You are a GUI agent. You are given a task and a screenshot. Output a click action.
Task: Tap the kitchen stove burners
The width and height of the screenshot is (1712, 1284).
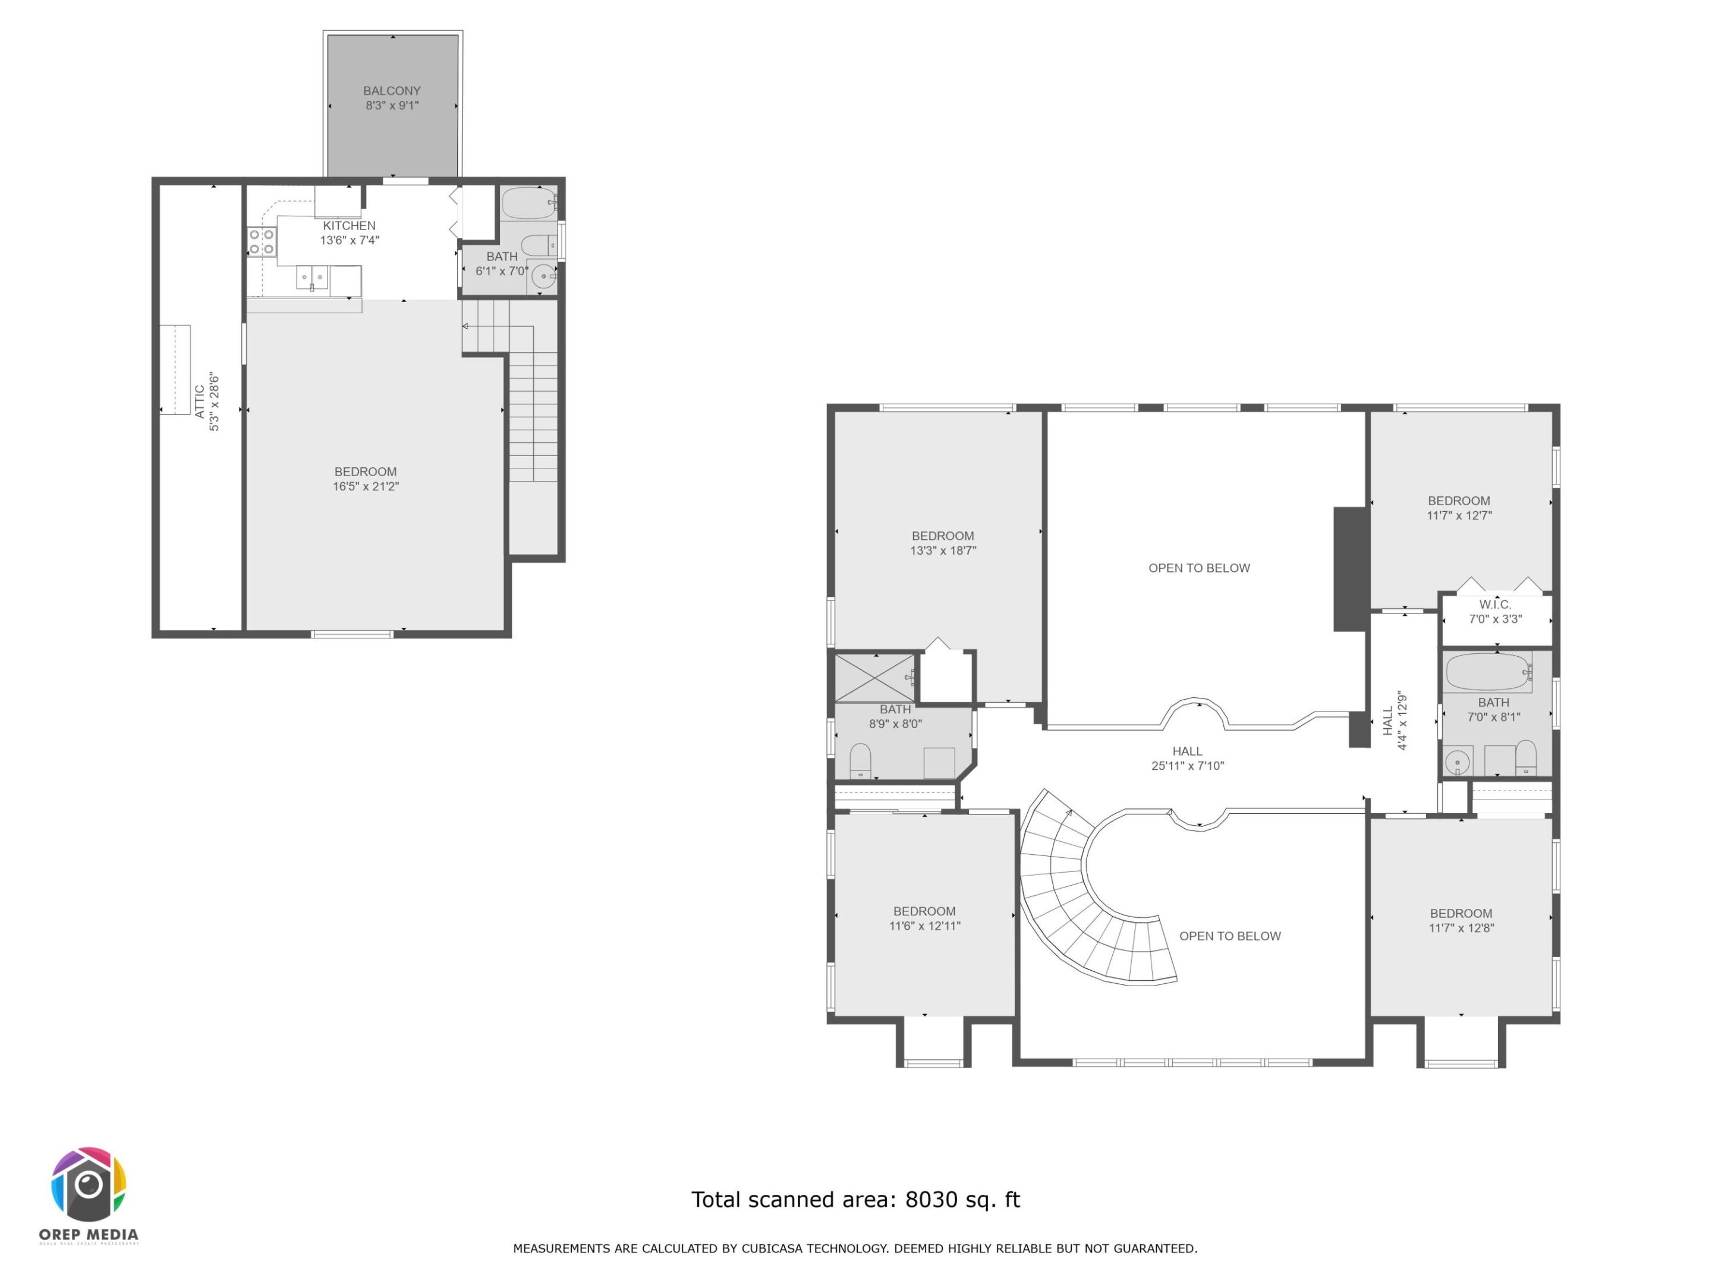point(262,241)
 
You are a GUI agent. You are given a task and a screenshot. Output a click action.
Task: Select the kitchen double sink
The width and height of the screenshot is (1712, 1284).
point(312,277)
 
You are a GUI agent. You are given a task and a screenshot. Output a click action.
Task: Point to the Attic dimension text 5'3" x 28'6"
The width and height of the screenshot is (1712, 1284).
point(215,402)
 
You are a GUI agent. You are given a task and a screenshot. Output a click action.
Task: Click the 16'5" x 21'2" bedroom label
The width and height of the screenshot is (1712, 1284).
point(366,479)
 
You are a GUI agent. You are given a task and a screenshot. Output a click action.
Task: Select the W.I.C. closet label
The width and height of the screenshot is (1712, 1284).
point(1494,605)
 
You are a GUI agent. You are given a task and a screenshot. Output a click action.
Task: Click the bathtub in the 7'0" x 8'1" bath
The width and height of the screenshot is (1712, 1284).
point(1487,672)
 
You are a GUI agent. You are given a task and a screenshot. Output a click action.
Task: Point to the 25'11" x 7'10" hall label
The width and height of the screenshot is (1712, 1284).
point(1187,759)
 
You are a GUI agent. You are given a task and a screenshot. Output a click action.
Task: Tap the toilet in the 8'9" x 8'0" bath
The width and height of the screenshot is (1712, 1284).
point(861,760)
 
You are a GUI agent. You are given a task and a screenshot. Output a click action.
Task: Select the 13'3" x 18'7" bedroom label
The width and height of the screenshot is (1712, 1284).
point(943,543)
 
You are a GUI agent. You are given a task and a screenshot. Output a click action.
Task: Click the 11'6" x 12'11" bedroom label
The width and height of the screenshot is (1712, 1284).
point(924,918)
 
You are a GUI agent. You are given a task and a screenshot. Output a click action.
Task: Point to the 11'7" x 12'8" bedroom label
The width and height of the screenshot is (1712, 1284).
point(1461,921)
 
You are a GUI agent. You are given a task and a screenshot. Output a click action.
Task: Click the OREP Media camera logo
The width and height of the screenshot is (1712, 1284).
point(89,1184)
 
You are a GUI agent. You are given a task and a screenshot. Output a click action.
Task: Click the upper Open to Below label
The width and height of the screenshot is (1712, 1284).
point(1199,568)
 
